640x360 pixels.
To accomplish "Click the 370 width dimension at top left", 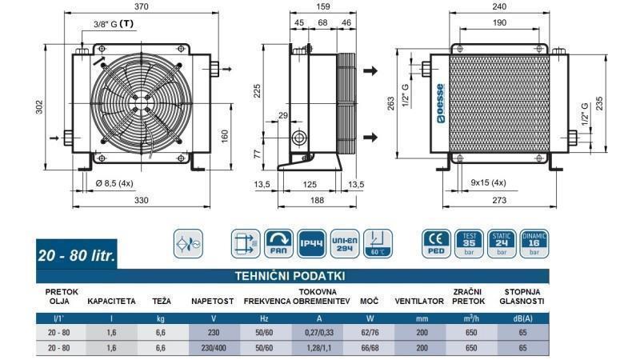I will click(142, 6).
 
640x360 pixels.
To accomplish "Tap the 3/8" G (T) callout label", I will click(113, 23).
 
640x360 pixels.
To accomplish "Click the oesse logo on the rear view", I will click(440, 101).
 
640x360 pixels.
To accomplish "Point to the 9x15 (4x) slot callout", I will click(487, 184).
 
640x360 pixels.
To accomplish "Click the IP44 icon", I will click(310, 242).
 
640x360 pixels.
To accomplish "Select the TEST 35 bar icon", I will click(470, 242).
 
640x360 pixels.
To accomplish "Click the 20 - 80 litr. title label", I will click(78, 257).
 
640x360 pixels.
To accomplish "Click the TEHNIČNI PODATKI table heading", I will click(290, 274).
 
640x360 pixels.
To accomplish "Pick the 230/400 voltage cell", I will click(211, 348).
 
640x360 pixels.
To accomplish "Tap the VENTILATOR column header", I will click(419, 302).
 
